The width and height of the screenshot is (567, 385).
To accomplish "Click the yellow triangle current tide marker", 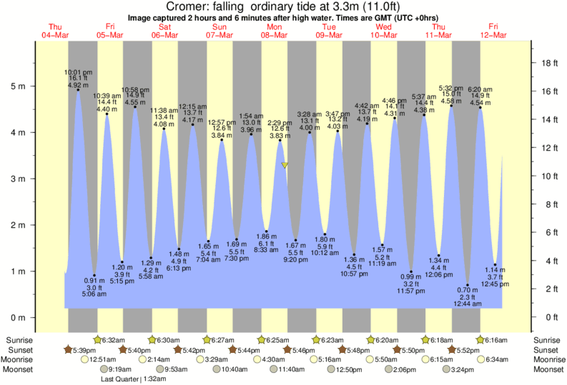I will pos(285,165).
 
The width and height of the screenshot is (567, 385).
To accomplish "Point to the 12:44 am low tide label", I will pos(468,304).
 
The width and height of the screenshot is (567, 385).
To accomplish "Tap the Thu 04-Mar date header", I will pos(56,31).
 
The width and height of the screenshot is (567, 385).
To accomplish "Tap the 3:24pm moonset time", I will pos(464,369).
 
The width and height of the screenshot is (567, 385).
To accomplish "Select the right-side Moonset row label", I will pos(547,369).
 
